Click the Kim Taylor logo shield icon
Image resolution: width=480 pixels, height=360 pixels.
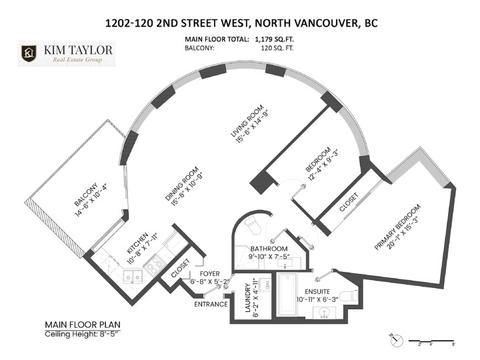(29, 53)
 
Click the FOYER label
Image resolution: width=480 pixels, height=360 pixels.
(202, 273)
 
